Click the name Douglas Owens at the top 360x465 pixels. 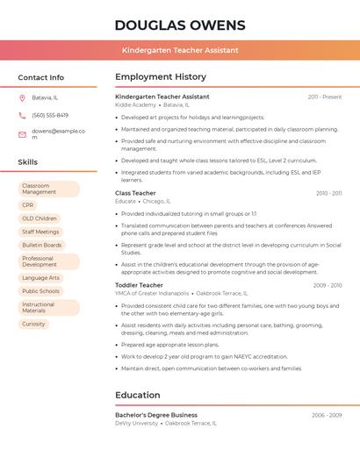coord(179,25)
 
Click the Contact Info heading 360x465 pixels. coord(41,77)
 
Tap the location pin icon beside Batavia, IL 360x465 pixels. coord(22,97)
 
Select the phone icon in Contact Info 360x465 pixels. coord(22,115)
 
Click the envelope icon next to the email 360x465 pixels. coord(22,134)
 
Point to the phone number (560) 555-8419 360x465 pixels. coord(50,115)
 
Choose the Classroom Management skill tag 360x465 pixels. coord(48,189)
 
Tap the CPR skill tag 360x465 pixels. coord(28,205)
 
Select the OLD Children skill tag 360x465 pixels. coord(40,218)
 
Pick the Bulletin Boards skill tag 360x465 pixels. coord(42,245)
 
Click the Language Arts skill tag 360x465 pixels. coord(41,278)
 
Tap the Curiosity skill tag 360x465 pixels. coord(33,324)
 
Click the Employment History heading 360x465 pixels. coord(161,77)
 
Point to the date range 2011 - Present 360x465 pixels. coord(325,97)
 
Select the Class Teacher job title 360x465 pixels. coord(135,193)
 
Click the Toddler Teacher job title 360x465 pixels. coord(139,285)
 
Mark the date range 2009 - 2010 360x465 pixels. coord(327,285)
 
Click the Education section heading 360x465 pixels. coord(137,395)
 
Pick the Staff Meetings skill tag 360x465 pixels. coord(40,232)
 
